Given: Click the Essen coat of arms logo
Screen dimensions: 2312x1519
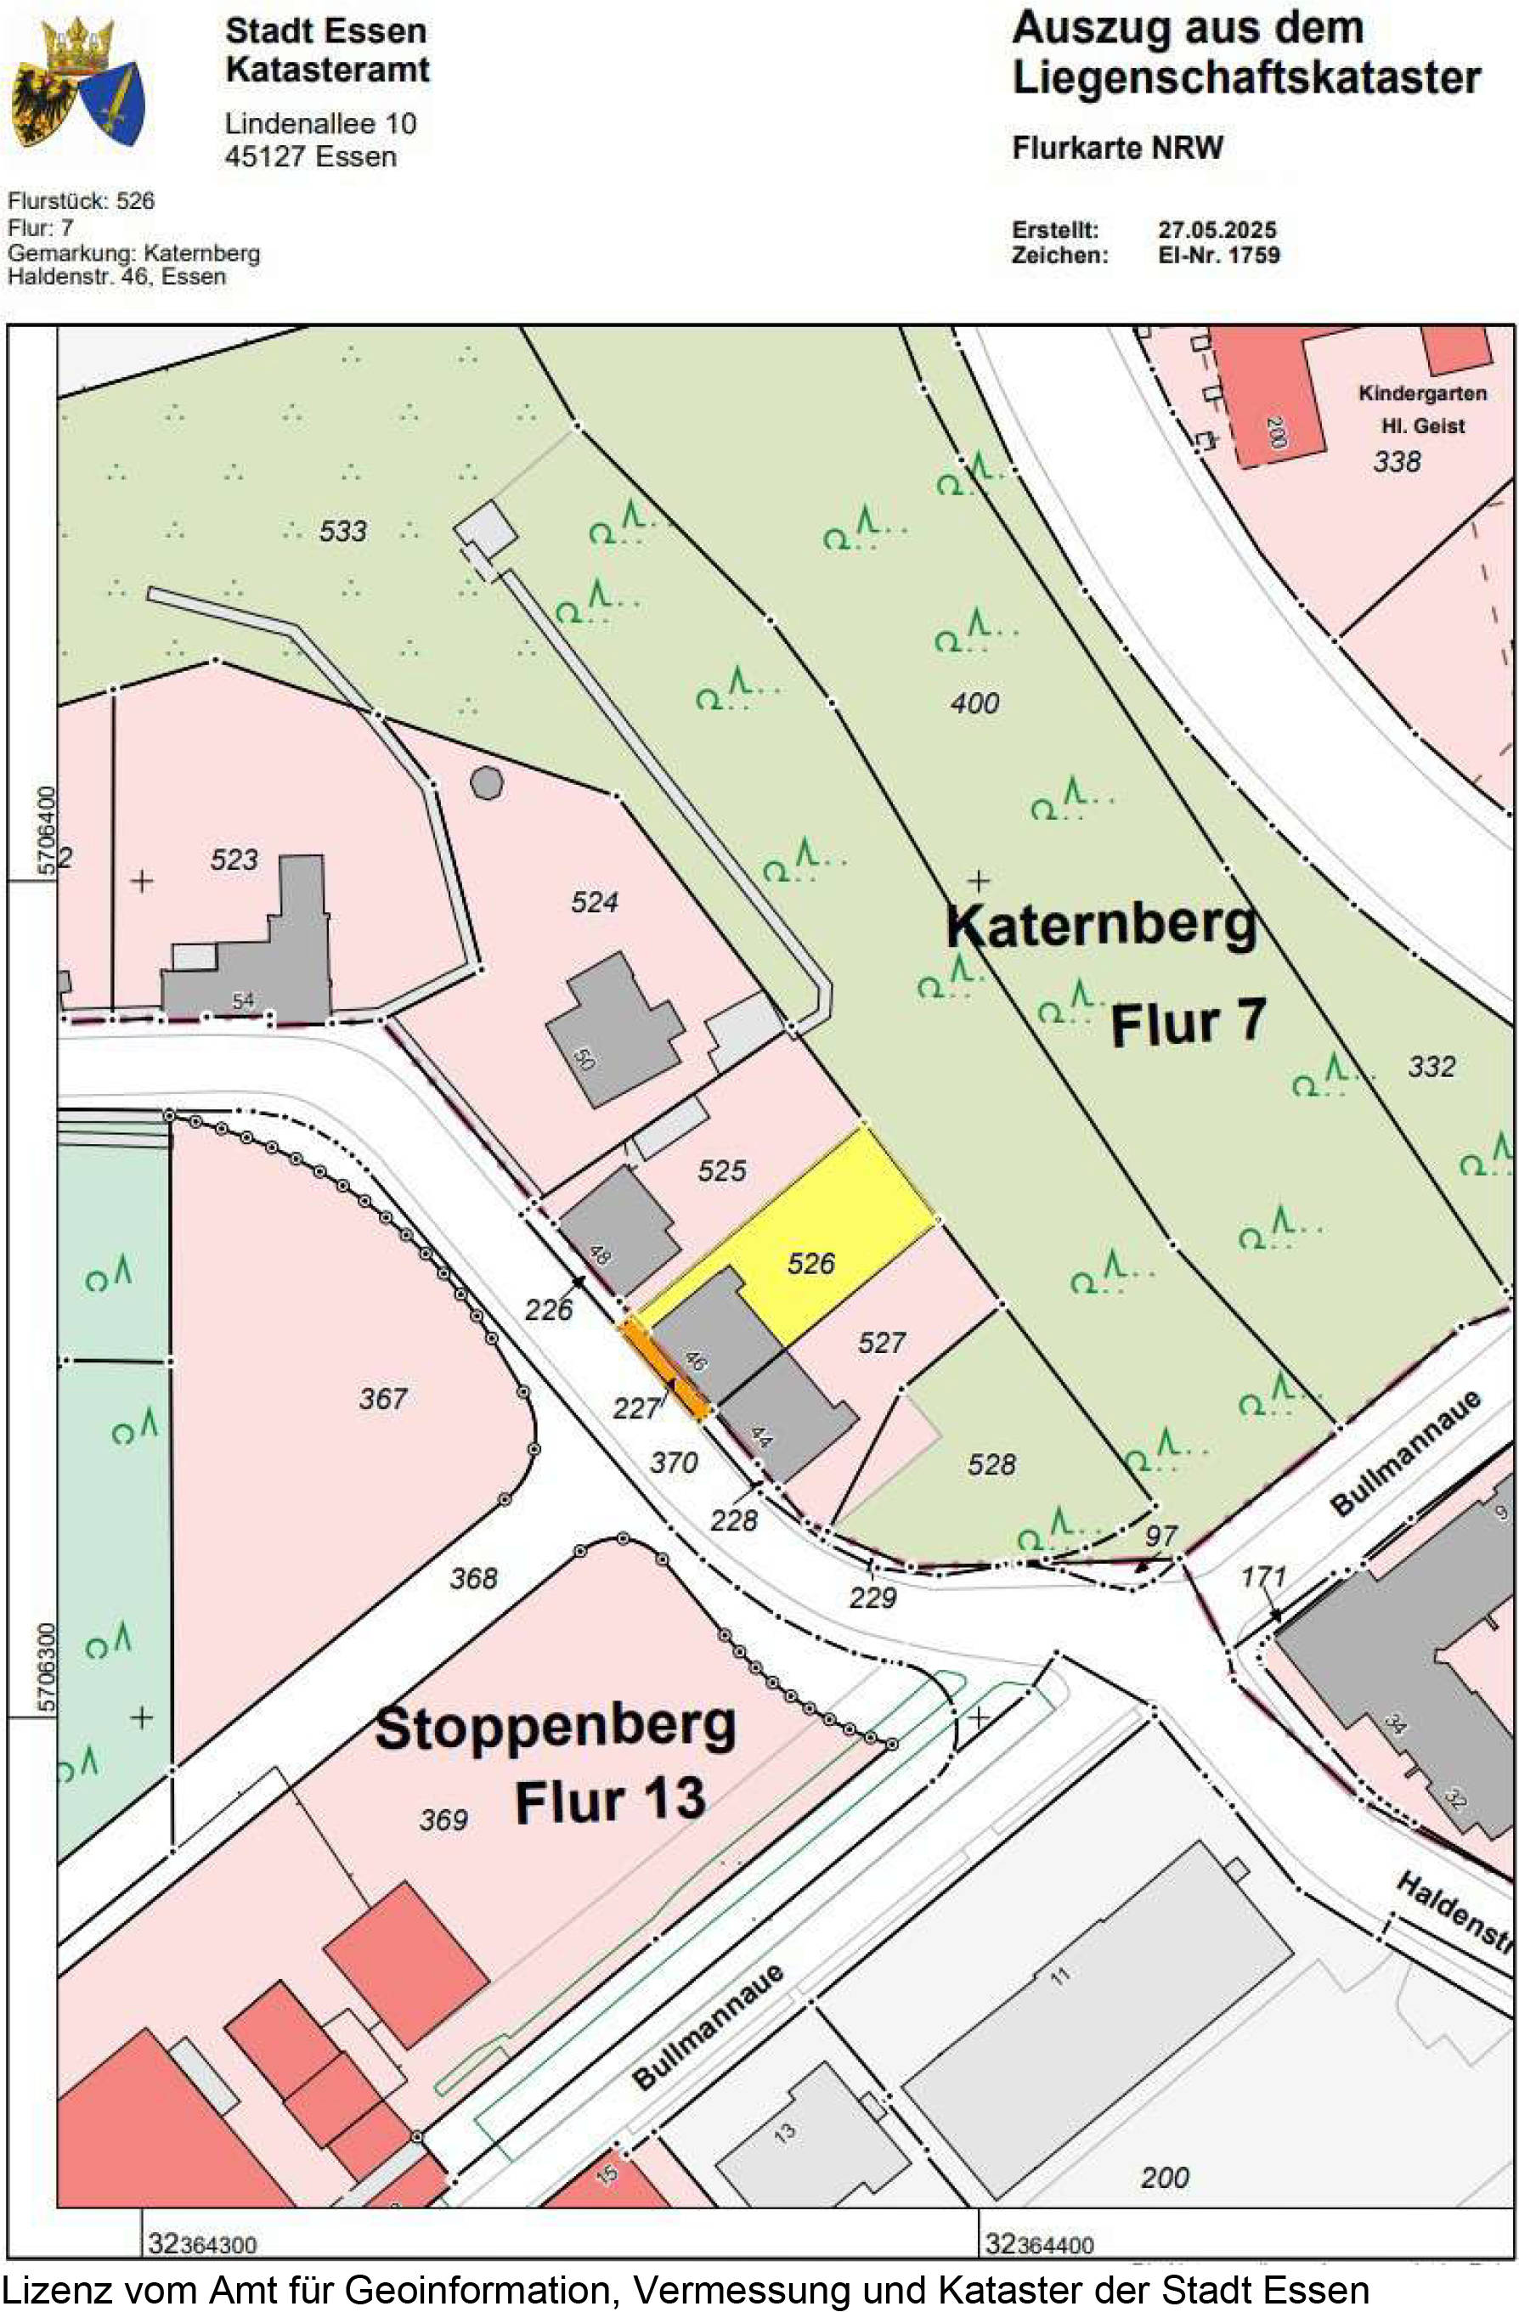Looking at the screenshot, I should (x=78, y=82).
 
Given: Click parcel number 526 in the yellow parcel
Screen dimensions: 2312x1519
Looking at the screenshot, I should (x=810, y=1263).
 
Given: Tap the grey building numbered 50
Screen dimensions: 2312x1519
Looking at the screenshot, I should (x=613, y=1034).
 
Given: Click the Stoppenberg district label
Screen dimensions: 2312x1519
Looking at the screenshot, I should (x=555, y=1728).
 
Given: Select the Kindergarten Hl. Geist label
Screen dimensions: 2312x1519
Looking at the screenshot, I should (x=1422, y=409).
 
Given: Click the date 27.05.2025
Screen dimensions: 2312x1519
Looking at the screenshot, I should (x=1217, y=230).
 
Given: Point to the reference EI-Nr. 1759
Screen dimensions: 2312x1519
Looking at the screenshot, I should (x=1219, y=256).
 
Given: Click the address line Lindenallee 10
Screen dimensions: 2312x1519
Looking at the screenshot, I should (x=321, y=123).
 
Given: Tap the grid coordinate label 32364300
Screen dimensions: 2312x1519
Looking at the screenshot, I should (x=202, y=2245).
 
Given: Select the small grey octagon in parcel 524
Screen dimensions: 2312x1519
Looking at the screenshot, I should (x=487, y=783).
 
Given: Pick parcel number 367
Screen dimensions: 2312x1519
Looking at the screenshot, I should (x=382, y=1399).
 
